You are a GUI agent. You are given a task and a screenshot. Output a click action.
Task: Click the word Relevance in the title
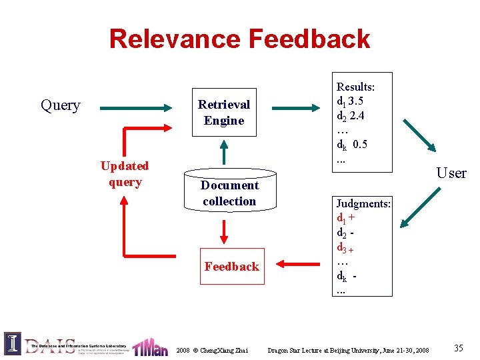click(175, 39)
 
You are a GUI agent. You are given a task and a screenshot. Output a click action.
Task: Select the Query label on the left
click(61, 105)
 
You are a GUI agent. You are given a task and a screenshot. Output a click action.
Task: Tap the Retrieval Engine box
click(224, 113)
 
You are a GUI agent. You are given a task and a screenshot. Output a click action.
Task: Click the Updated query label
click(125, 174)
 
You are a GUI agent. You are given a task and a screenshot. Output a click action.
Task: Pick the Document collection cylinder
click(229, 193)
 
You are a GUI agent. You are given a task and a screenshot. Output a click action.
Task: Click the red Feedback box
click(231, 267)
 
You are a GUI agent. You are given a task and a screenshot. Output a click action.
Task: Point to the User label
click(451, 173)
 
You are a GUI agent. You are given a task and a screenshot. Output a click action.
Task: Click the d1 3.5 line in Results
click(350, 101)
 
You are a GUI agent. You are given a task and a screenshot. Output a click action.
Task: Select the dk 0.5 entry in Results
click(352, 145)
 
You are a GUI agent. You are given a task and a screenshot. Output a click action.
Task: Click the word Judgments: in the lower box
click(363, 203)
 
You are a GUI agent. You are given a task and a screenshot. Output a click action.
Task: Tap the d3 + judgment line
click(345, 248)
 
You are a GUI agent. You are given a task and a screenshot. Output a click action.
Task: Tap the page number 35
click(458, 348)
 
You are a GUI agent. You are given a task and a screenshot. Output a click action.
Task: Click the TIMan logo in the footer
click(149, 347)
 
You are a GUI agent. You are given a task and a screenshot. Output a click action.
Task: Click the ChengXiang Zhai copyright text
click(212, 350)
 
